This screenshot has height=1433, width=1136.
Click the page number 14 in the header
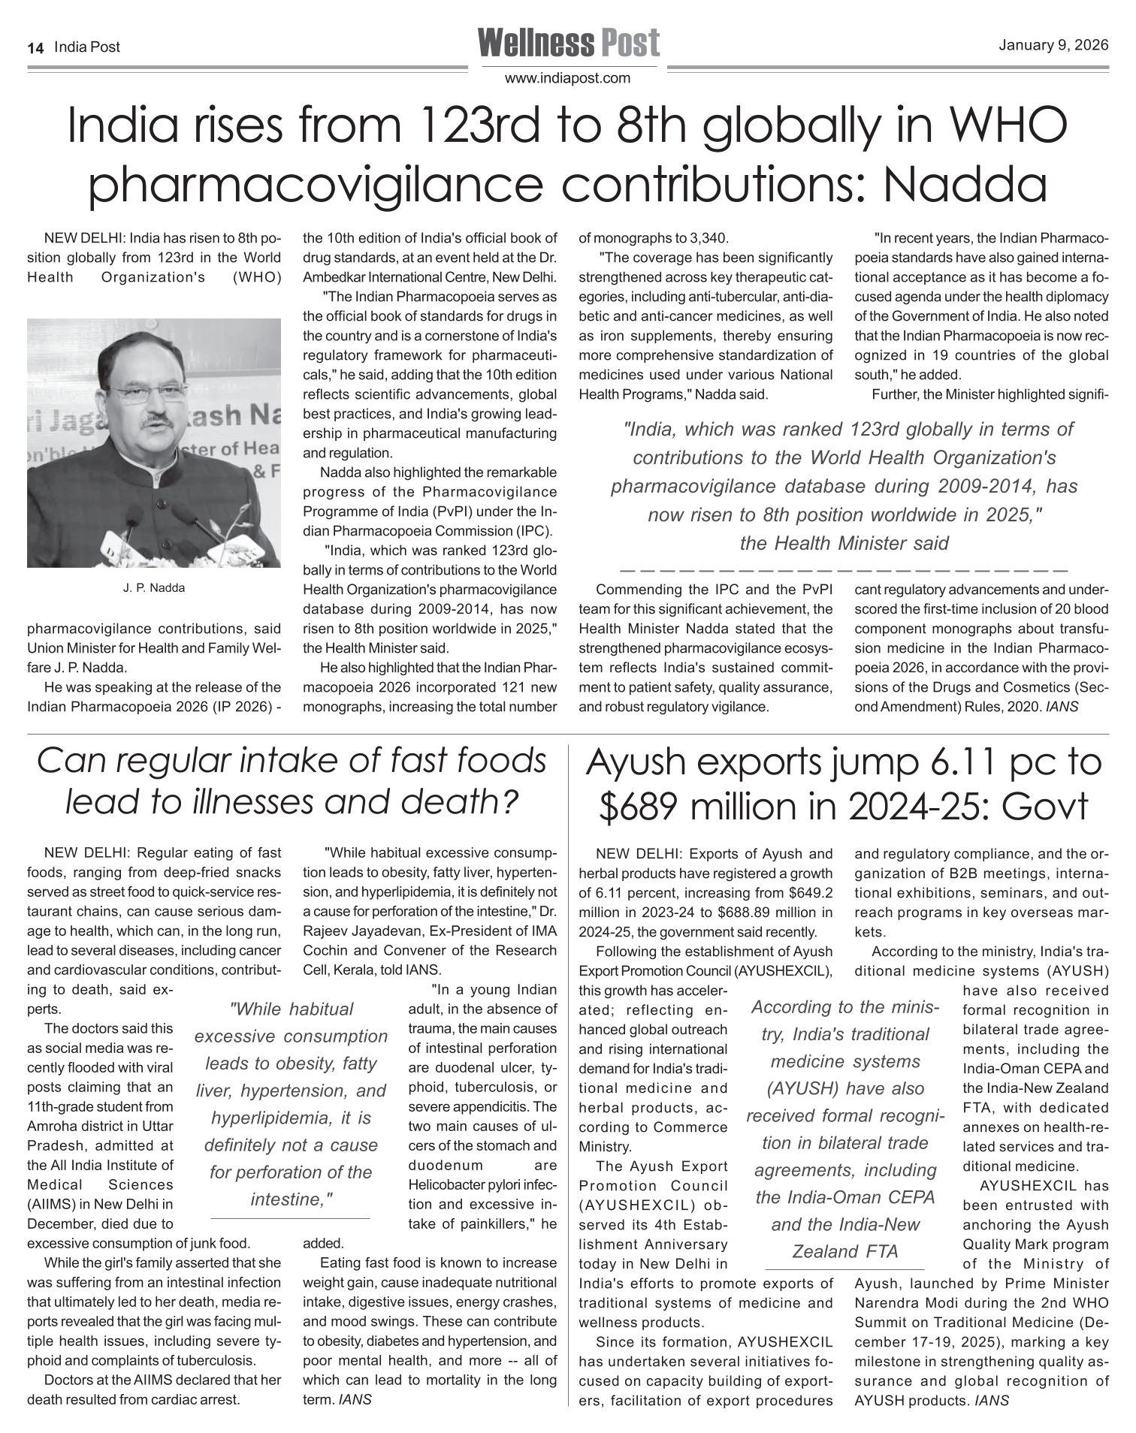[x=35, y=47]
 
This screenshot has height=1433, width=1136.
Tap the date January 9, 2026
[x=1053, y=45]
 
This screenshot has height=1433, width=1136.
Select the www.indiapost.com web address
[x=567, y=78]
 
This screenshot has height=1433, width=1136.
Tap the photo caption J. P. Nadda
[x=153, y=588]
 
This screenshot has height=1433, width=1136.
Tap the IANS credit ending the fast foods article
[x=355, y=1400]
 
